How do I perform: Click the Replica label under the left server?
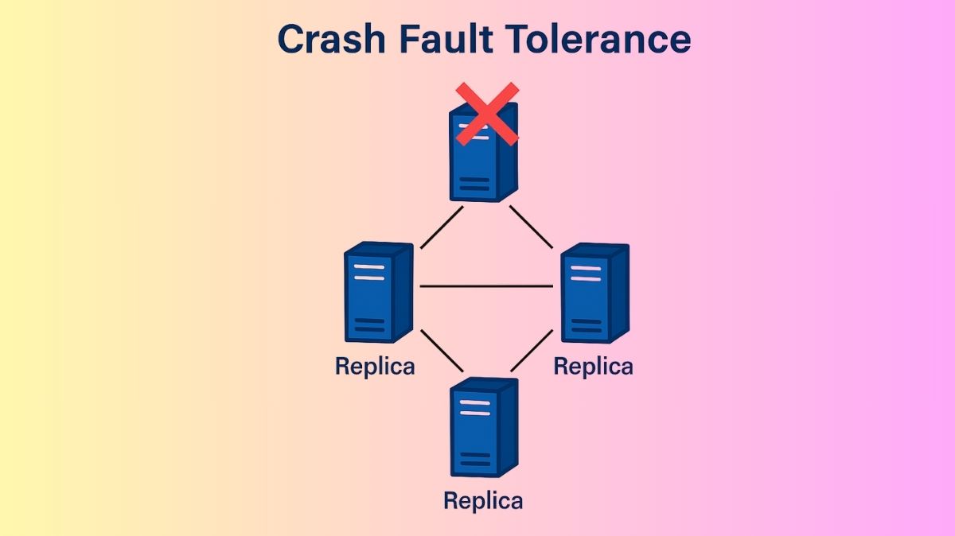pyautogui.click(x=375, y=367)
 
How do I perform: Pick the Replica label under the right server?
pyautogui.click(x=593, y=367)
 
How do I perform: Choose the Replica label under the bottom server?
pyautogui.click(x=483, y=501)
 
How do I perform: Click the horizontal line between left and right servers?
pyautogui.click(x=485, y=285)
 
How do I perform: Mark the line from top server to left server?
pyautogui.click(x=441, y=228)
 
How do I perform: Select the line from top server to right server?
pyautogui.click(x=531, y=227)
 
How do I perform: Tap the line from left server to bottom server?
pyautogui.click(x=441, y=351)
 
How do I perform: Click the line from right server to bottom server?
pyautogui.click(x=531, y=350)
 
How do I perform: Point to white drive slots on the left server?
pyautogui.click(x=368, y=272)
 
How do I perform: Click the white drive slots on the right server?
pyautogui.click(x=586, y=273)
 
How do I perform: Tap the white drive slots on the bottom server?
pyautogui.click(x=475, y=408)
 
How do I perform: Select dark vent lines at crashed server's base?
pyautogui.click(x=475, y=184)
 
